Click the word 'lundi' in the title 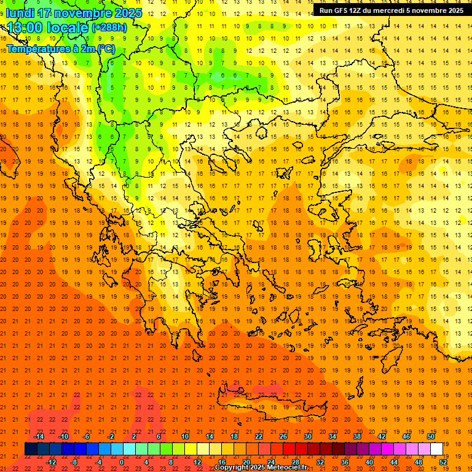(x=21, y=13)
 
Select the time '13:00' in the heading (x=26, y=28)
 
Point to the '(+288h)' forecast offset (x=109, y=28)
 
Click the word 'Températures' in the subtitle (x=36, y=49)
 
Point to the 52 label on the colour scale (x=443, y=462)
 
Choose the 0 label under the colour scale (x=122, y=462)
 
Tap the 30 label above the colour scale (x=307, y=436)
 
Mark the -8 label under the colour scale (x=74, y=462)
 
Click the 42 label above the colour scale (x=381, y=436)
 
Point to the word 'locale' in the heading (x=68, y=28)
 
